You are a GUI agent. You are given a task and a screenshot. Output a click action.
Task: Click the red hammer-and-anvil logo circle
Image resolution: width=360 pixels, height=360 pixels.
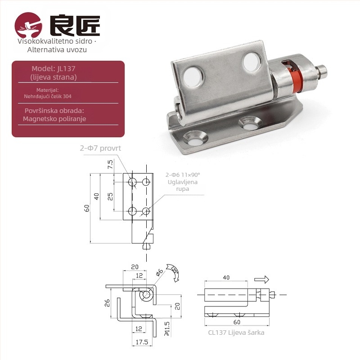click(x=28, y=25)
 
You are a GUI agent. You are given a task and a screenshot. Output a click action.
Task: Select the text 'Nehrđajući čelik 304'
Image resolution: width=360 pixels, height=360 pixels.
click(x=48, y=96)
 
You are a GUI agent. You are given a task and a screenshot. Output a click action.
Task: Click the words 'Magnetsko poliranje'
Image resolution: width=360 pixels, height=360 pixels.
click(x=54, y=119)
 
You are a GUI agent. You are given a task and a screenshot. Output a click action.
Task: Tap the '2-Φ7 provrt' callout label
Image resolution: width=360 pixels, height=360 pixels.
click(x=100, y=148)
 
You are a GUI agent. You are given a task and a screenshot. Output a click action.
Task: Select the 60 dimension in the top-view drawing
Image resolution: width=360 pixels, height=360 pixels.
click(x=87, y=208)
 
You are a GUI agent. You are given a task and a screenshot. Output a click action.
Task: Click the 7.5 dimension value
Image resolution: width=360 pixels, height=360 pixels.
click(x=110, y=164)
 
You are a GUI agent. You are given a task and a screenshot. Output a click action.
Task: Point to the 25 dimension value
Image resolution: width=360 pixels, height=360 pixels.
click(x=110, y=197)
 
